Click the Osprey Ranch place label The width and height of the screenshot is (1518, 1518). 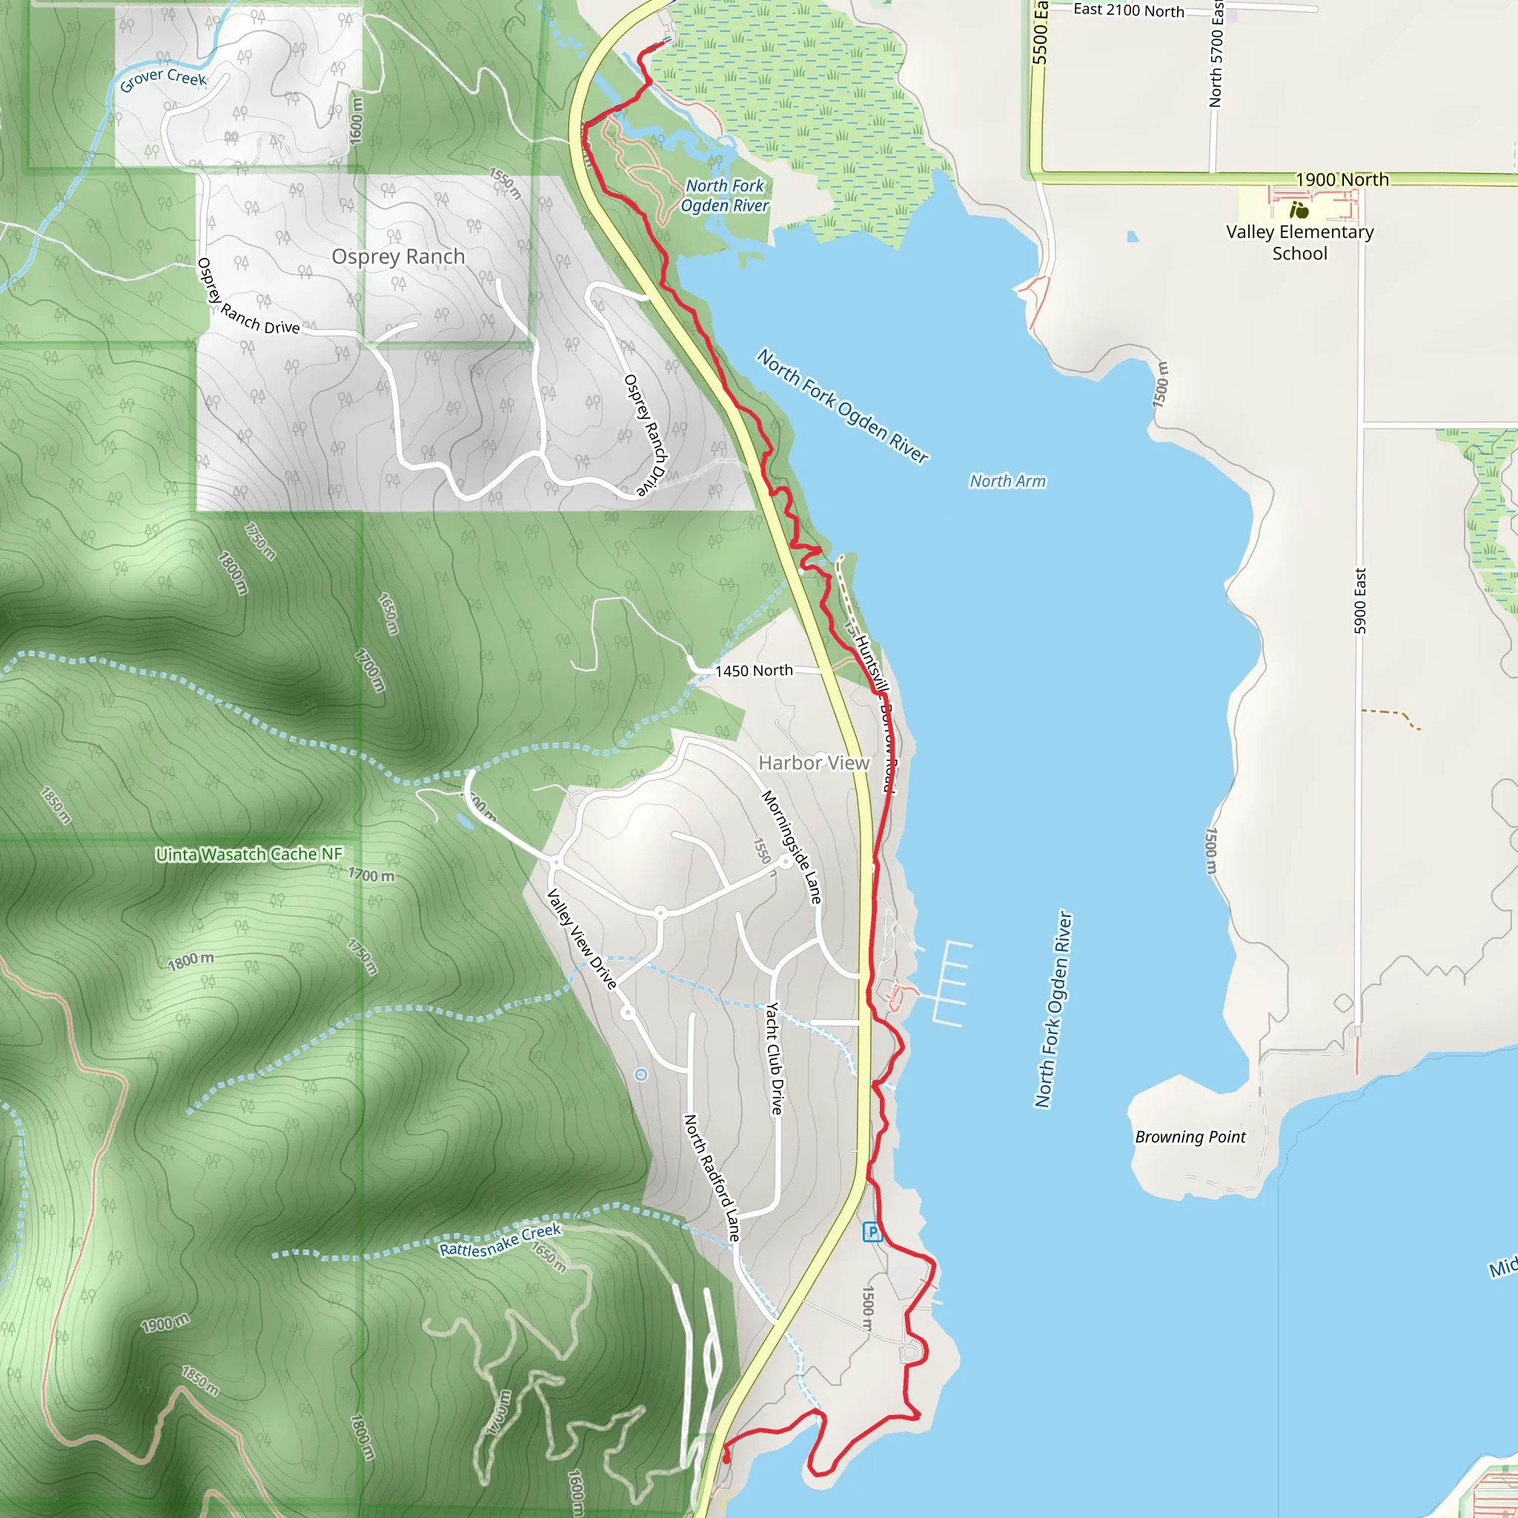point(397,257)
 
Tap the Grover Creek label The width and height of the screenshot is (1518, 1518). point(162,79)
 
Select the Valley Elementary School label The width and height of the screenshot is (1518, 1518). point(1299,243)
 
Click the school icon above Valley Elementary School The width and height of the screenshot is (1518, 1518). point(1299,210)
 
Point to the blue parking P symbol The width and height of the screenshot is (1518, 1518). point(872,1232)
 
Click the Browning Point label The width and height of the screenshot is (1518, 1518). point(1190,1137)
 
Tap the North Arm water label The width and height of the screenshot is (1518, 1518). point(1007,481)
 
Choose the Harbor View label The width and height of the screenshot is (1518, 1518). point(813,763)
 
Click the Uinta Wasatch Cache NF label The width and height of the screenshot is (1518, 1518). point(249,854)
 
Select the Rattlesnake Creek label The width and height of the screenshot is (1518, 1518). point(500,1240)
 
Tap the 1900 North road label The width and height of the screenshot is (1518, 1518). point(1342,180)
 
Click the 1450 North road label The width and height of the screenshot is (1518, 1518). point(754,670)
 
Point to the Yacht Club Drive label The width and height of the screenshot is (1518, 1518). point(775,1058)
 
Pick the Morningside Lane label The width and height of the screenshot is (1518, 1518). point(791,847)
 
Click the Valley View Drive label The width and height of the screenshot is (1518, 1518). point(581,938)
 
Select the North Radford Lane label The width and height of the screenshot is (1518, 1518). point(712,1177)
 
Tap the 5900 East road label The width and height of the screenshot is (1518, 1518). point(1360,601)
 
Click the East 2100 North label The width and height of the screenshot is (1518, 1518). point(1128,10)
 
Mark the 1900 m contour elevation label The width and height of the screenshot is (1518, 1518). point(165,1323)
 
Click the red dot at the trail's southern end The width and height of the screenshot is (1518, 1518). point(726,1459)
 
